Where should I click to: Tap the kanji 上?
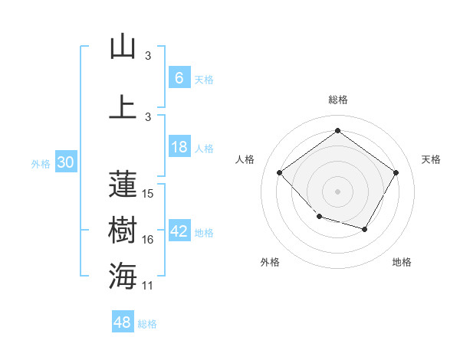click(123, 106)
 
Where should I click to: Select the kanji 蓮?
click(123, 184)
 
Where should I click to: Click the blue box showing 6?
click(179, 77)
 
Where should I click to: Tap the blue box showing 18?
click(179, 147)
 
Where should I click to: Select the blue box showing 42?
click(179, 232)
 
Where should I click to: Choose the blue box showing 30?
click(66, 162)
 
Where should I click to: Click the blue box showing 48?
click(123, 322)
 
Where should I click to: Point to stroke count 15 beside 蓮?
click(148, 193)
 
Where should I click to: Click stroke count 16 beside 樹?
click(148, 240)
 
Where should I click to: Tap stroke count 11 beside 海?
click(148, 286)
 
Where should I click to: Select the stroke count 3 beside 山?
click(148, 56)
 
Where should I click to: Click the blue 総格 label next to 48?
click(147, 324)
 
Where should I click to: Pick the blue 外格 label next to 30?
click(40, 163)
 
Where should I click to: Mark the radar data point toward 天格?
click(396, 173)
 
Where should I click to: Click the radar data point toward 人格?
click(280, 173)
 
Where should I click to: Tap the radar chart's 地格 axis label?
click(402, 262)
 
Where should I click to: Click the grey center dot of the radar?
click(337, 191)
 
